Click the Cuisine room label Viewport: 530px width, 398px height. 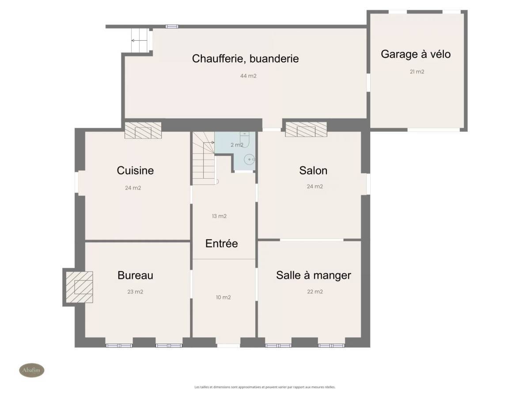click(135, 171)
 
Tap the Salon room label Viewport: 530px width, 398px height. click(313, 171)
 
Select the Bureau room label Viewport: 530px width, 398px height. click(135, 275)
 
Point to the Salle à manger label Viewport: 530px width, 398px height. click(314, 275)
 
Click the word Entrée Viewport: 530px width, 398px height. click(221, 243)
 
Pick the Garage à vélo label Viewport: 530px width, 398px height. click(416, 54)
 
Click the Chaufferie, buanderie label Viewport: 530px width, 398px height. click(245, 58)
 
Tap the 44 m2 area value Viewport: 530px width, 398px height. click(248, 76)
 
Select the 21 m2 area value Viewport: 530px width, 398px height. click(417, 72)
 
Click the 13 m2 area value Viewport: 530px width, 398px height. click(219, 216)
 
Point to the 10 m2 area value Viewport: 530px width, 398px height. click(223, 297)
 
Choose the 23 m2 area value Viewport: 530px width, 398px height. click(135, 292)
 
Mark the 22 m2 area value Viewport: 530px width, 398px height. click(315, 292)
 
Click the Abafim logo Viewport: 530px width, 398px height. click(32, 370)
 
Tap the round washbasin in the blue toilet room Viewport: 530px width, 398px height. click(249, 160)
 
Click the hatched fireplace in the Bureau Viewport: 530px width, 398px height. click(79, 287)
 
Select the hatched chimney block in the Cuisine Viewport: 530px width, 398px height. click(143, 130)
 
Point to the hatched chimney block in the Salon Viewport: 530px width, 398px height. click(306, 129)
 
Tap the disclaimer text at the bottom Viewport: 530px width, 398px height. click(265, 387)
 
